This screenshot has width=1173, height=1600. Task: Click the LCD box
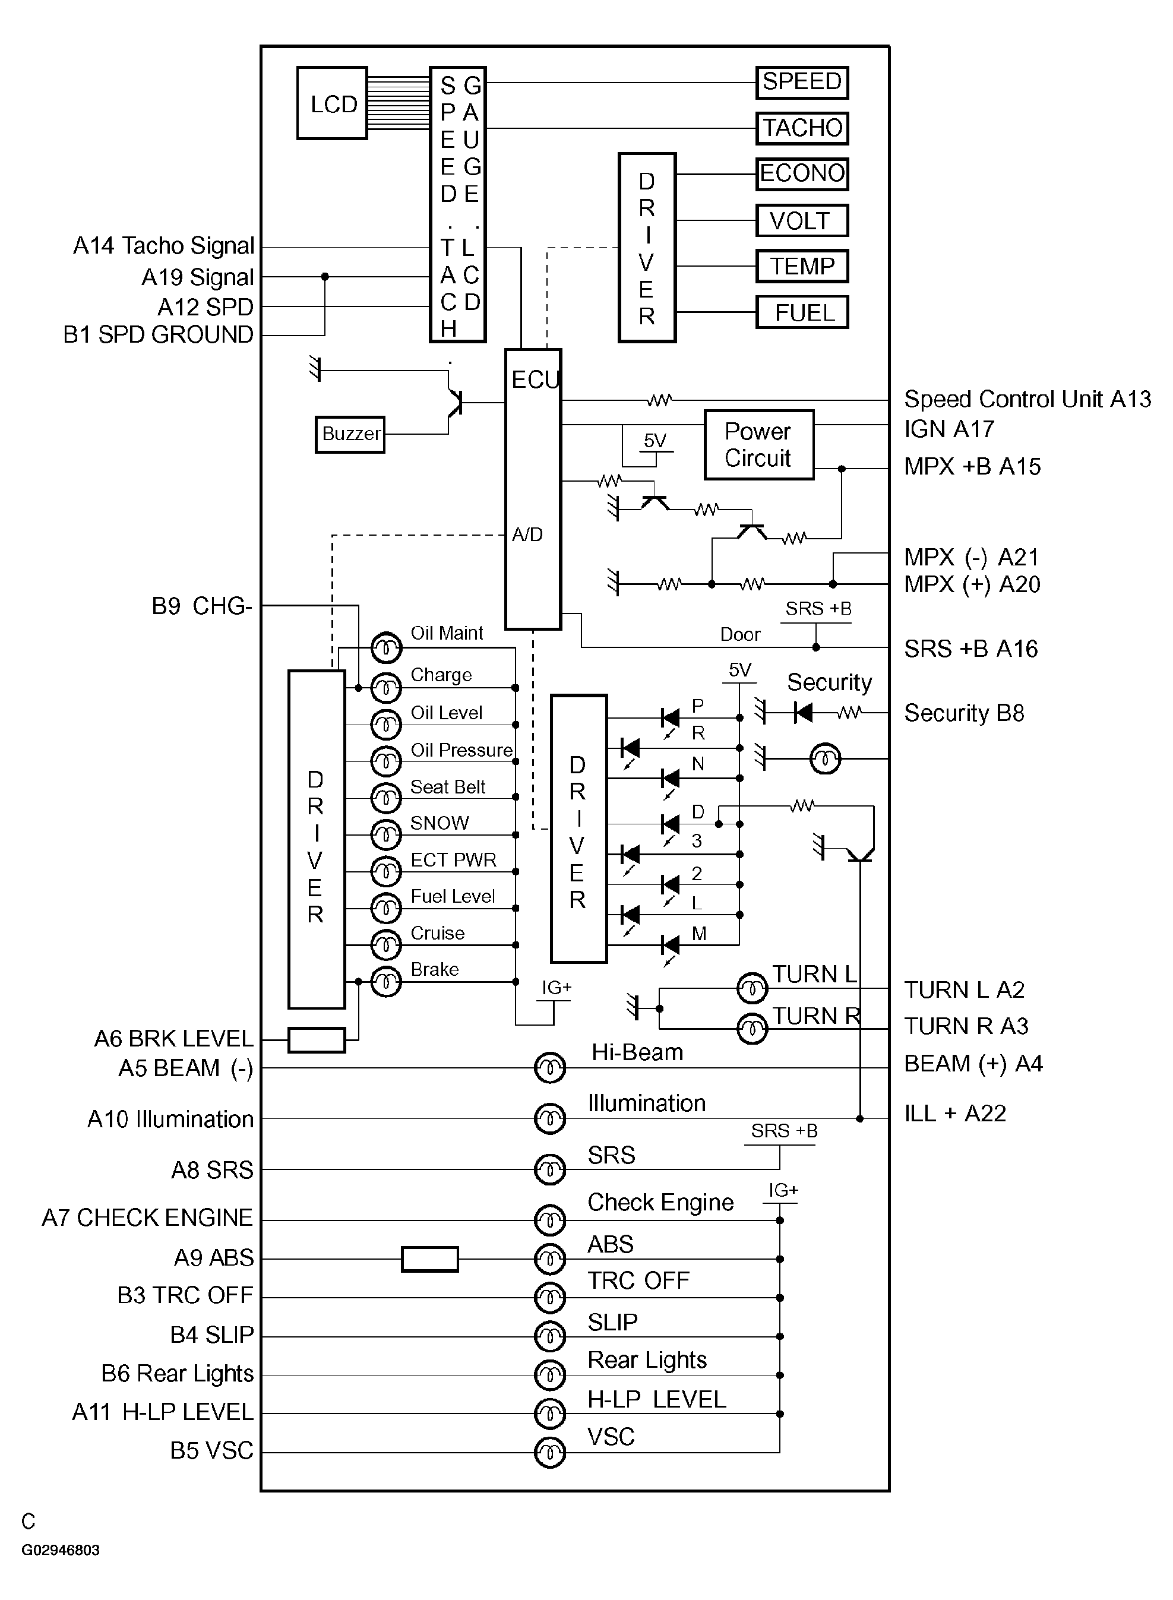coord(331,104)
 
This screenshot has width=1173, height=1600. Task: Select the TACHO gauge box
coord(802,128)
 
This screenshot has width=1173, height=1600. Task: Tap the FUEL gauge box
coord(802,312)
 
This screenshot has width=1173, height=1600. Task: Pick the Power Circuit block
coord(758,445)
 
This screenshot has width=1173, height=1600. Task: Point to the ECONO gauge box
coord(802,174)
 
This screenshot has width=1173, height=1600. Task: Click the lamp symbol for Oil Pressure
coord(386,761)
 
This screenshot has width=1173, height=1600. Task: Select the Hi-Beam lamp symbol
coord(549,1068)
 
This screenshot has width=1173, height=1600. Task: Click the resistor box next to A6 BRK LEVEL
coord(317,1040)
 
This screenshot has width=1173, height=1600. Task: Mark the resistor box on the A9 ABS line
coord(429,1259)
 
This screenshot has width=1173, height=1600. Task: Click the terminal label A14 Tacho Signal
coord(163,246)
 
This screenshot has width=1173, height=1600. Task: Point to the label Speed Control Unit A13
coord(1027,400)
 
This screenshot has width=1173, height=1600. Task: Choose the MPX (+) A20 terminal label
coord(971,585)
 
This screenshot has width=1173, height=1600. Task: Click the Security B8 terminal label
coord(963,713)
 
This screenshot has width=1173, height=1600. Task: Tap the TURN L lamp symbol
coord(752,988)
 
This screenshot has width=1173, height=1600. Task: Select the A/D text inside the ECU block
coord(527,535)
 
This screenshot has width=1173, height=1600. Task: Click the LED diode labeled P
coord(669,717)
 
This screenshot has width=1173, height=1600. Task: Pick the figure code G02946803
coord(61,1550)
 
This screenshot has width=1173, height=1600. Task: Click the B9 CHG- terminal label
coord(202,606)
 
